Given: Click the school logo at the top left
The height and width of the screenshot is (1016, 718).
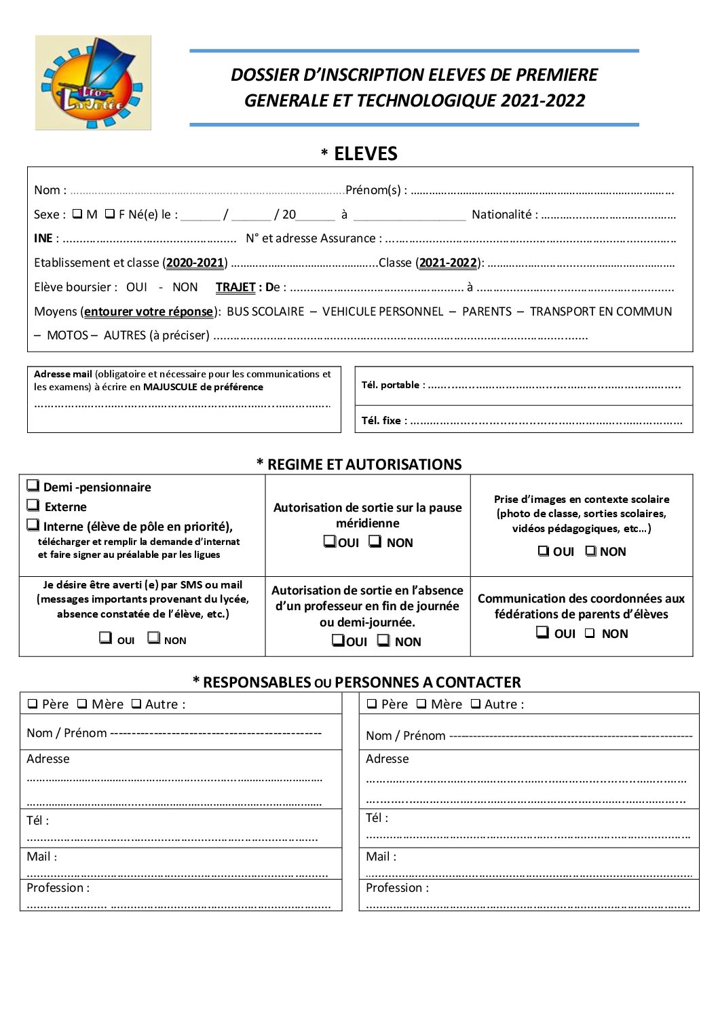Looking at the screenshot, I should coord(93,82).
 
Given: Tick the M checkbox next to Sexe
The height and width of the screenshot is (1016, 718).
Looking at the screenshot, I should coord(77,214).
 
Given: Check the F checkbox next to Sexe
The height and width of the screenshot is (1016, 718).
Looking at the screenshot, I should coord(109,214).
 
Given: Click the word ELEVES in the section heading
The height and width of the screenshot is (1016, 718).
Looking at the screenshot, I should coord(365,153).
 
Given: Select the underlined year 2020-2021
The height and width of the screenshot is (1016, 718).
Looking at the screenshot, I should coord(195,263).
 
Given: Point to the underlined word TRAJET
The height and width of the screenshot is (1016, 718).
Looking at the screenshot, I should coord(235,287).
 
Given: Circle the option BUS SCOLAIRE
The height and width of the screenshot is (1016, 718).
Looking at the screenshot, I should coord(265,312).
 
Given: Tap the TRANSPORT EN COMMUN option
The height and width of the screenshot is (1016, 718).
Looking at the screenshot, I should coord(601,312).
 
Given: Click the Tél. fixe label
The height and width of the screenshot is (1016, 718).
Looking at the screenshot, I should coord(384,421).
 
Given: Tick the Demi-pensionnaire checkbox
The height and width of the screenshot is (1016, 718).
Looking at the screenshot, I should coord(33,485).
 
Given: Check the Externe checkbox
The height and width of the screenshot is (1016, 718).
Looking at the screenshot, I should coord(33,505).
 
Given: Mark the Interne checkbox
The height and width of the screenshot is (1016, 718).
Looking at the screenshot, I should coord(33,525).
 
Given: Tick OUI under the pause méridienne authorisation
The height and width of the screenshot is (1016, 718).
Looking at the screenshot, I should coord(330,542).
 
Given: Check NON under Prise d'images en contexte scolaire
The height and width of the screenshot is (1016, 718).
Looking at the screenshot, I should coord(591,551).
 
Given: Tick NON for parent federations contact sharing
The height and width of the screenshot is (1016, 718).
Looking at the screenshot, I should coord(590,633).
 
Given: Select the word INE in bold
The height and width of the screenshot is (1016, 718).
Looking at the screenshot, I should coord(43,238).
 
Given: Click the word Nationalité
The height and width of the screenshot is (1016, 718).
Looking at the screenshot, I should coord(502,214).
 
